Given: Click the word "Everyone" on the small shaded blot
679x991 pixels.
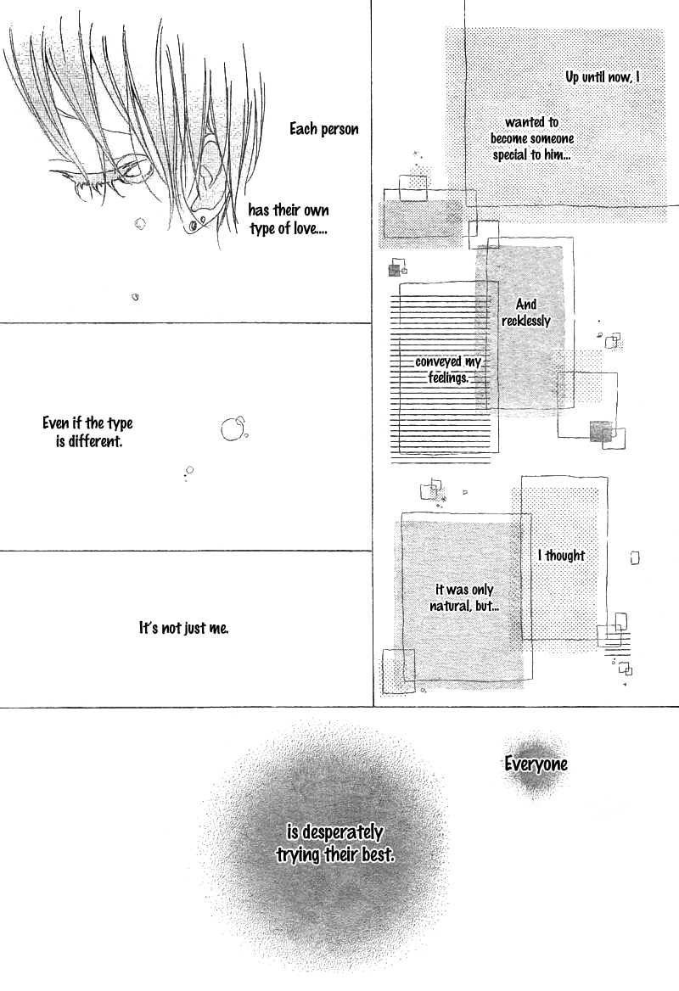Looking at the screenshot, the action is pos(536,764).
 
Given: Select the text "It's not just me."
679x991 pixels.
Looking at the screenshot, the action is pos(184,628).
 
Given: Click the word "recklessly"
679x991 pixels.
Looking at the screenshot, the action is pos(526,321).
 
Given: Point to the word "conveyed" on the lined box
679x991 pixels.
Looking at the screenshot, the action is pos(438,362).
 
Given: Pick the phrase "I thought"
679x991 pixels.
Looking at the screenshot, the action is pos(561,556).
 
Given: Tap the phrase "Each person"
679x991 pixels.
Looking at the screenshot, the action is pos(323,129).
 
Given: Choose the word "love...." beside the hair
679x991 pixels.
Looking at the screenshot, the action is pos(311,229).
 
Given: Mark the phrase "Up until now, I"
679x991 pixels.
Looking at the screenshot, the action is pos(602,77).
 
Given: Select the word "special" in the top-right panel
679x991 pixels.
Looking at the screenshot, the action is pos(510,154).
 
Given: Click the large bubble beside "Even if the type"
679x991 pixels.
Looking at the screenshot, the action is pos(232,428).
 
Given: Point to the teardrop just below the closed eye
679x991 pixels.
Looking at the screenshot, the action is pos(140,224).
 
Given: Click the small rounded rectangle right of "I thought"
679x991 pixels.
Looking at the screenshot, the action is pos(635,558).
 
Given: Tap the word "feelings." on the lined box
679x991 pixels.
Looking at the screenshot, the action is pos(448,378).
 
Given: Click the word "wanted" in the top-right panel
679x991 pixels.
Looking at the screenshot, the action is pos(522,122).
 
